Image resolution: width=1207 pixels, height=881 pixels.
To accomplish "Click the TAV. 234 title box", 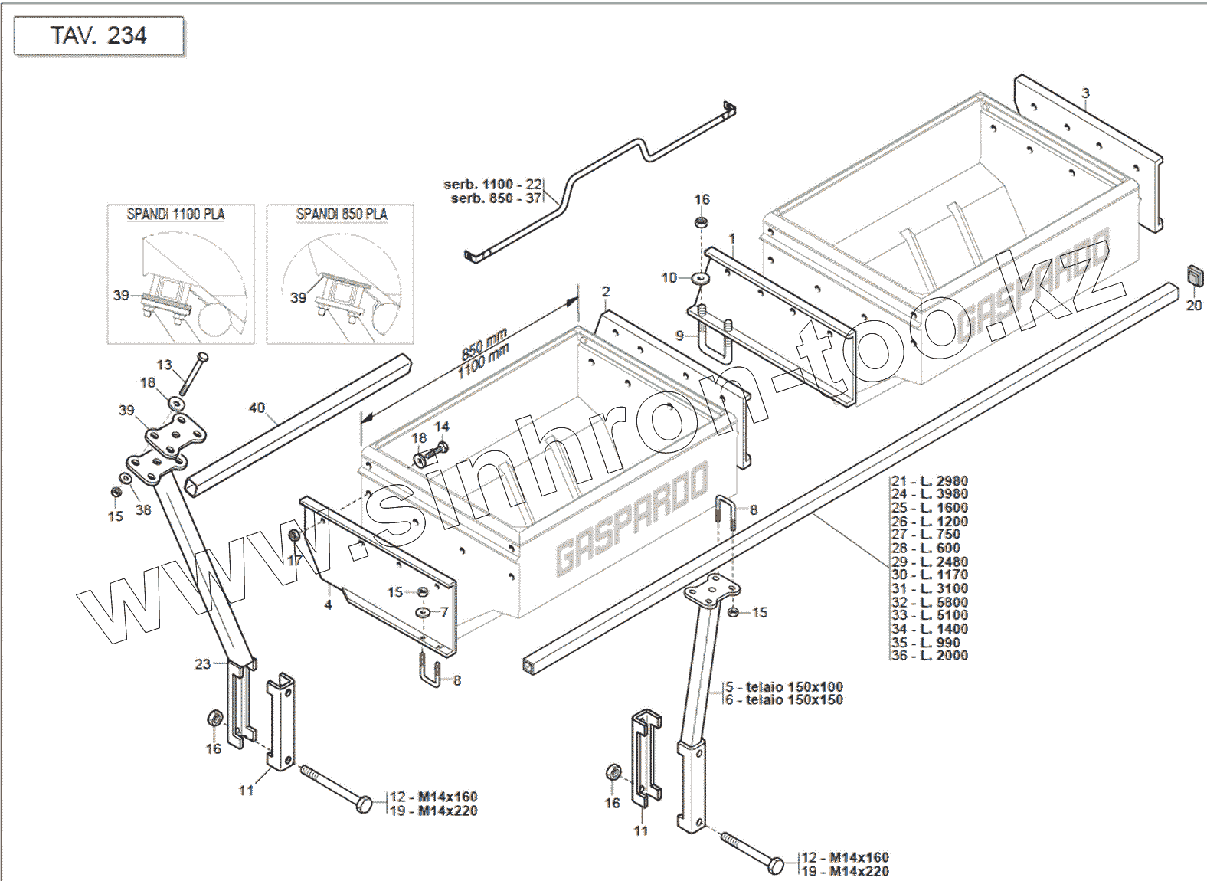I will click(99, 36).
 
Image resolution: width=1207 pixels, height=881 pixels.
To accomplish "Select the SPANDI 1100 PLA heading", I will click(175, 215).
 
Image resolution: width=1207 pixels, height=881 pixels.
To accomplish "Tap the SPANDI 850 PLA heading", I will click(342, 215).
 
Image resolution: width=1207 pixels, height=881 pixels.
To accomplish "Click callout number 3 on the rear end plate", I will click(1085, 93).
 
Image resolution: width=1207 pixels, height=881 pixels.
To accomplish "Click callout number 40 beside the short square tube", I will click(257, 408).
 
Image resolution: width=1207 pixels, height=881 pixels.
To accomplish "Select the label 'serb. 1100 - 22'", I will click(492, 185).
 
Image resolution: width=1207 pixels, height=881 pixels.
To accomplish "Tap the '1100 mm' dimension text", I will click(484, 361).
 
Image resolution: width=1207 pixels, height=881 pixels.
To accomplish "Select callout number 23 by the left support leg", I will click(202, 663).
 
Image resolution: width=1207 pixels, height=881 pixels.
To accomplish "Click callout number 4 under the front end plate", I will click(328, 605).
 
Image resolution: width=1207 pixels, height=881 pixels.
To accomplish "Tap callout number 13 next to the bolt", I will click(165, 365).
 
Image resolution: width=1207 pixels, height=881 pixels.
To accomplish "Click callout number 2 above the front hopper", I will click(606, 292).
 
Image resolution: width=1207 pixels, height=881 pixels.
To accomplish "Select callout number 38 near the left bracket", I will click(143, 509).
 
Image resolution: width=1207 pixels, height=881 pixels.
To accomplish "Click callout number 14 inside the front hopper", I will click(442, 427).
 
